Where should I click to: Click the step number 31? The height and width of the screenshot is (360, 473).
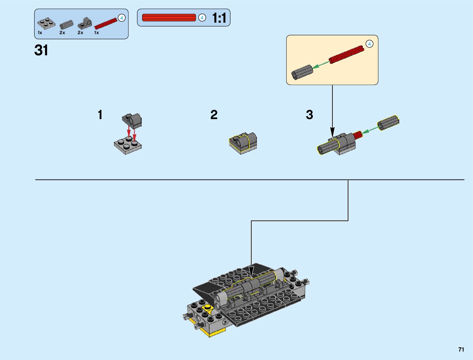(41, 50)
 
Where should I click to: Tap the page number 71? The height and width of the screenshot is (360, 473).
(461, 349)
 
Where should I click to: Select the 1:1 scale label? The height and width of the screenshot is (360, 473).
(219, 18)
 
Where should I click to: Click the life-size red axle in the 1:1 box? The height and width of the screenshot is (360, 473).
(169, 18)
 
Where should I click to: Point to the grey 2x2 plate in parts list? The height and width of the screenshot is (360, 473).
(46, 24)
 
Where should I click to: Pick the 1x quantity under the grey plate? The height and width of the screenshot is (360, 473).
(40, 33)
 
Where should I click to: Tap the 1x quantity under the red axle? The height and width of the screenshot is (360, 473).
(96, 33)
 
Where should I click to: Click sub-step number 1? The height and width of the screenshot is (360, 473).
(100, 115)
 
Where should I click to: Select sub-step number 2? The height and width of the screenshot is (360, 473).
(214, 115)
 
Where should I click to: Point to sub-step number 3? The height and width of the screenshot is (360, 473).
(309, 115)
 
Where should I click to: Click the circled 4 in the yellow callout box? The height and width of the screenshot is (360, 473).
(369, 44)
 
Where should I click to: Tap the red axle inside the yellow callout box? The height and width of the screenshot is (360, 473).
(346, 54)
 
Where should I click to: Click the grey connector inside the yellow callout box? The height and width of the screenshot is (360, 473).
(302, 72)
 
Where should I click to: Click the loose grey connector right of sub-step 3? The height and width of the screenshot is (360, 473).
(388, 123)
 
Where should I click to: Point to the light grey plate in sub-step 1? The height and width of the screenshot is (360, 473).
(128, 146)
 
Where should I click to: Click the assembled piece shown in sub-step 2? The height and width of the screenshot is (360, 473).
(243, 143)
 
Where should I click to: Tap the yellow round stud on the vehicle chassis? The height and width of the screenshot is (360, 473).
(208, 307)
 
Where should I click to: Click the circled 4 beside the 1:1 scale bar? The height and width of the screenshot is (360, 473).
(202, 18)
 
